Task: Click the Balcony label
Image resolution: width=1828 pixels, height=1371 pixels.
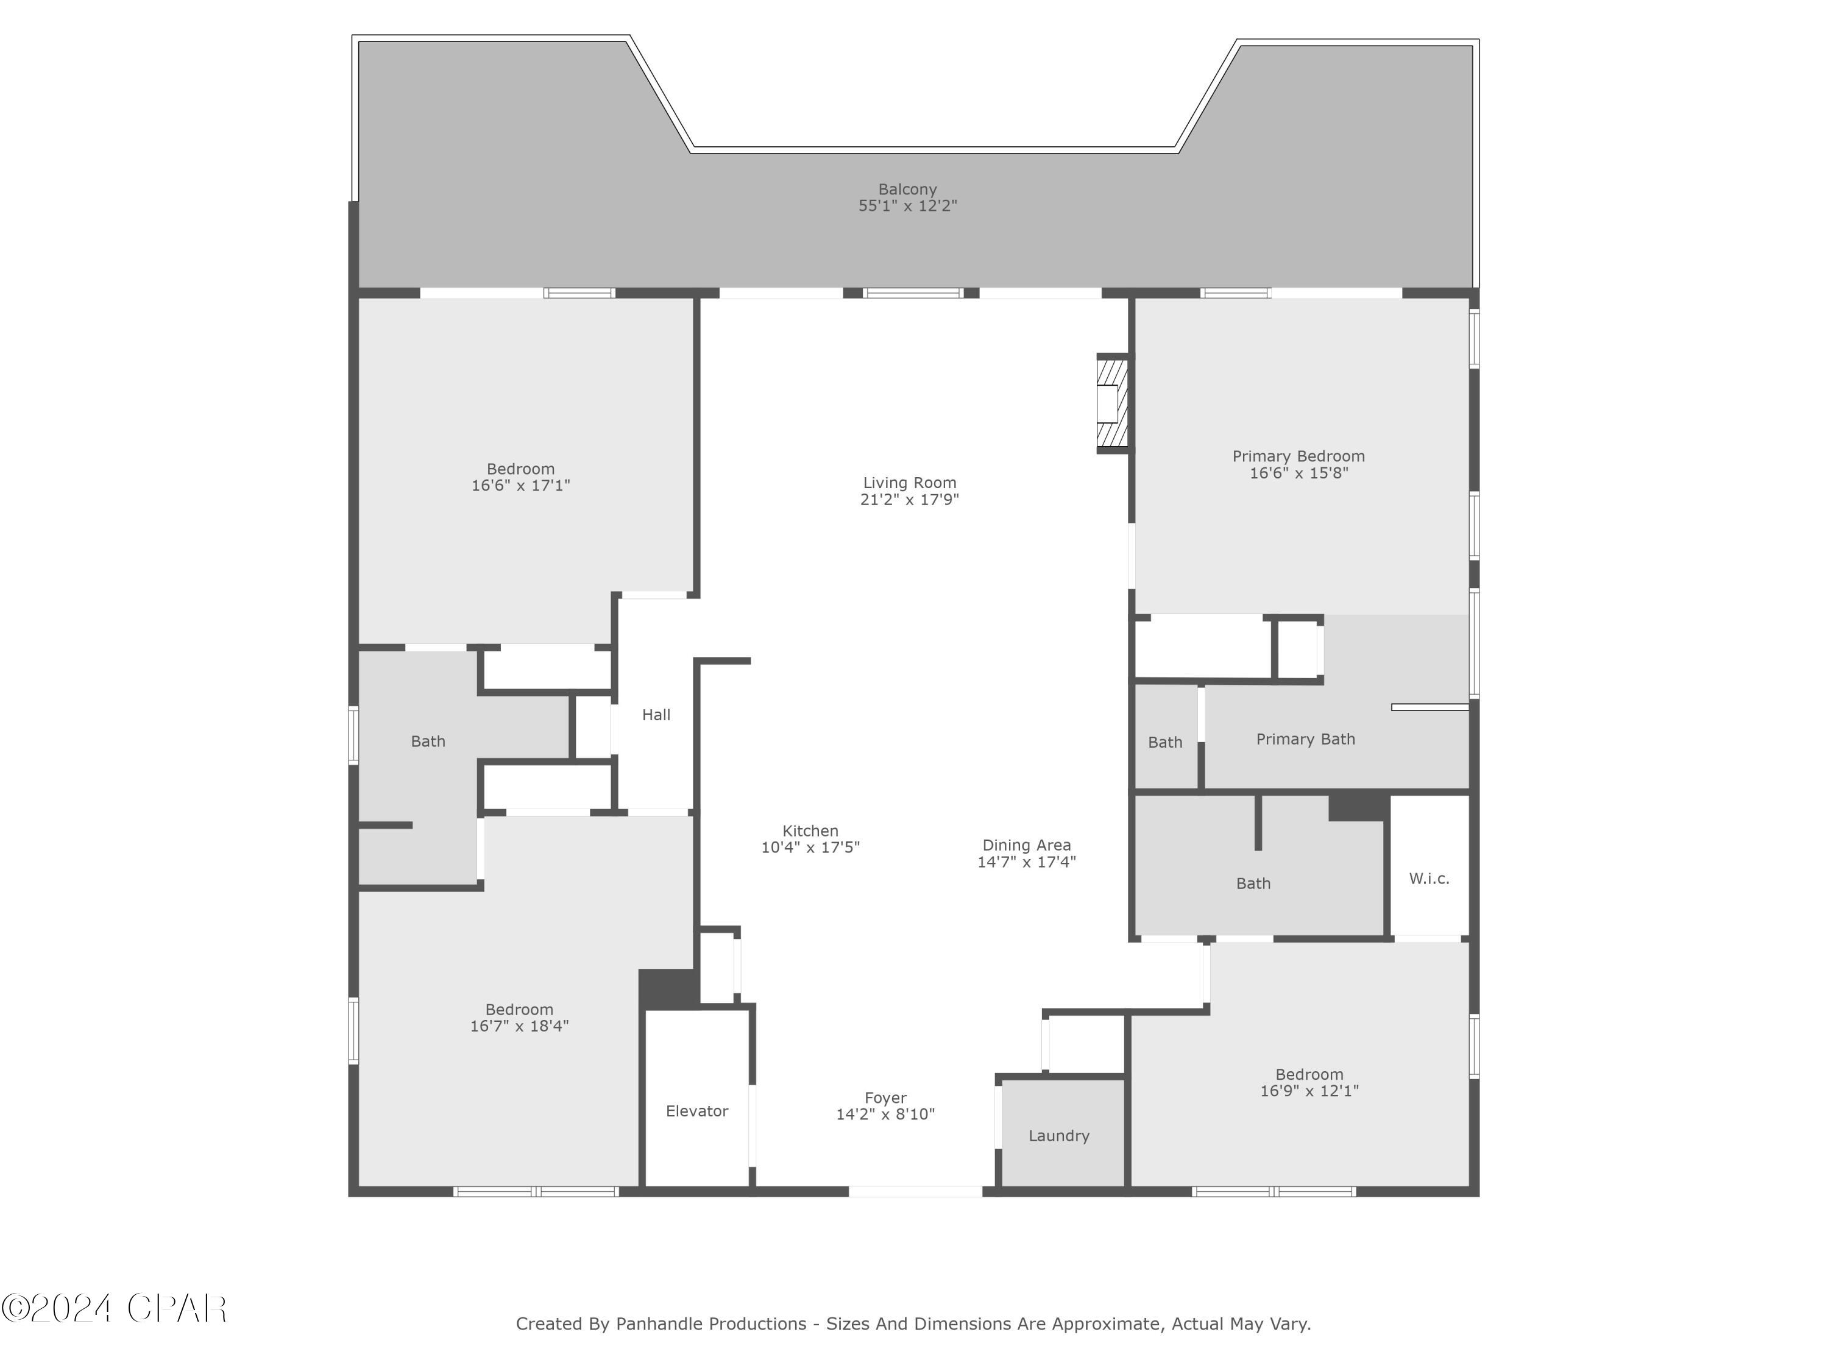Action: (907, 190)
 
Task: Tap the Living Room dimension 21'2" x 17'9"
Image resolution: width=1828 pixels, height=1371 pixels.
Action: (909, 499)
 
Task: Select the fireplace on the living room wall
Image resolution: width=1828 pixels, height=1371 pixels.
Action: (1111, 404)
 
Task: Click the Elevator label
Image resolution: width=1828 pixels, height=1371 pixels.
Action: (696, 1111)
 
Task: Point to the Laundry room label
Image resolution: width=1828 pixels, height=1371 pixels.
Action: (1058, 1135)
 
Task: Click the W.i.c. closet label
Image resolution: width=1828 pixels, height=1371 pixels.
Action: (1429, 879)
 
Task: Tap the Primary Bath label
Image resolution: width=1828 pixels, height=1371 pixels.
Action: (1305, 739)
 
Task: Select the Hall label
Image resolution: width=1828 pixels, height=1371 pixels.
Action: (656, 715)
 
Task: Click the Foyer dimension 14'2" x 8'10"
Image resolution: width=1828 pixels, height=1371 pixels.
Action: (885, 1114)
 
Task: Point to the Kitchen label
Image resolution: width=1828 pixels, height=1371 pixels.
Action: (810, 831)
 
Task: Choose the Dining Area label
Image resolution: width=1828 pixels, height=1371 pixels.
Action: (1026, 845)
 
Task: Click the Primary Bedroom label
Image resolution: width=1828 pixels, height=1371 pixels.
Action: (1298, 456)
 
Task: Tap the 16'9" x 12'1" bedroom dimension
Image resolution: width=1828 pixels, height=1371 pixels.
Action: (1309, 1091)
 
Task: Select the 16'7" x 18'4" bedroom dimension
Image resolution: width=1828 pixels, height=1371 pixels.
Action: (519, 1026)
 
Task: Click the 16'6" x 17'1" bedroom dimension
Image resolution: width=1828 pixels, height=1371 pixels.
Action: (520, 485)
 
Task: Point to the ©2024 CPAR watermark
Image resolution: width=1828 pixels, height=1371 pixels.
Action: (114, 1308)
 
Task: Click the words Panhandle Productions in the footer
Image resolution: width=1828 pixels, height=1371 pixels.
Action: (710, 1324)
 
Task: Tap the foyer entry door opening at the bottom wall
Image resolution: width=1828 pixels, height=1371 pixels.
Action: (915, 1191)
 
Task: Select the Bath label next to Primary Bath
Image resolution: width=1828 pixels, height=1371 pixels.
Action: (1164, 742)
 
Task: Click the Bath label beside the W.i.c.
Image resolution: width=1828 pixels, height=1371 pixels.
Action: (1253, 884)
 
